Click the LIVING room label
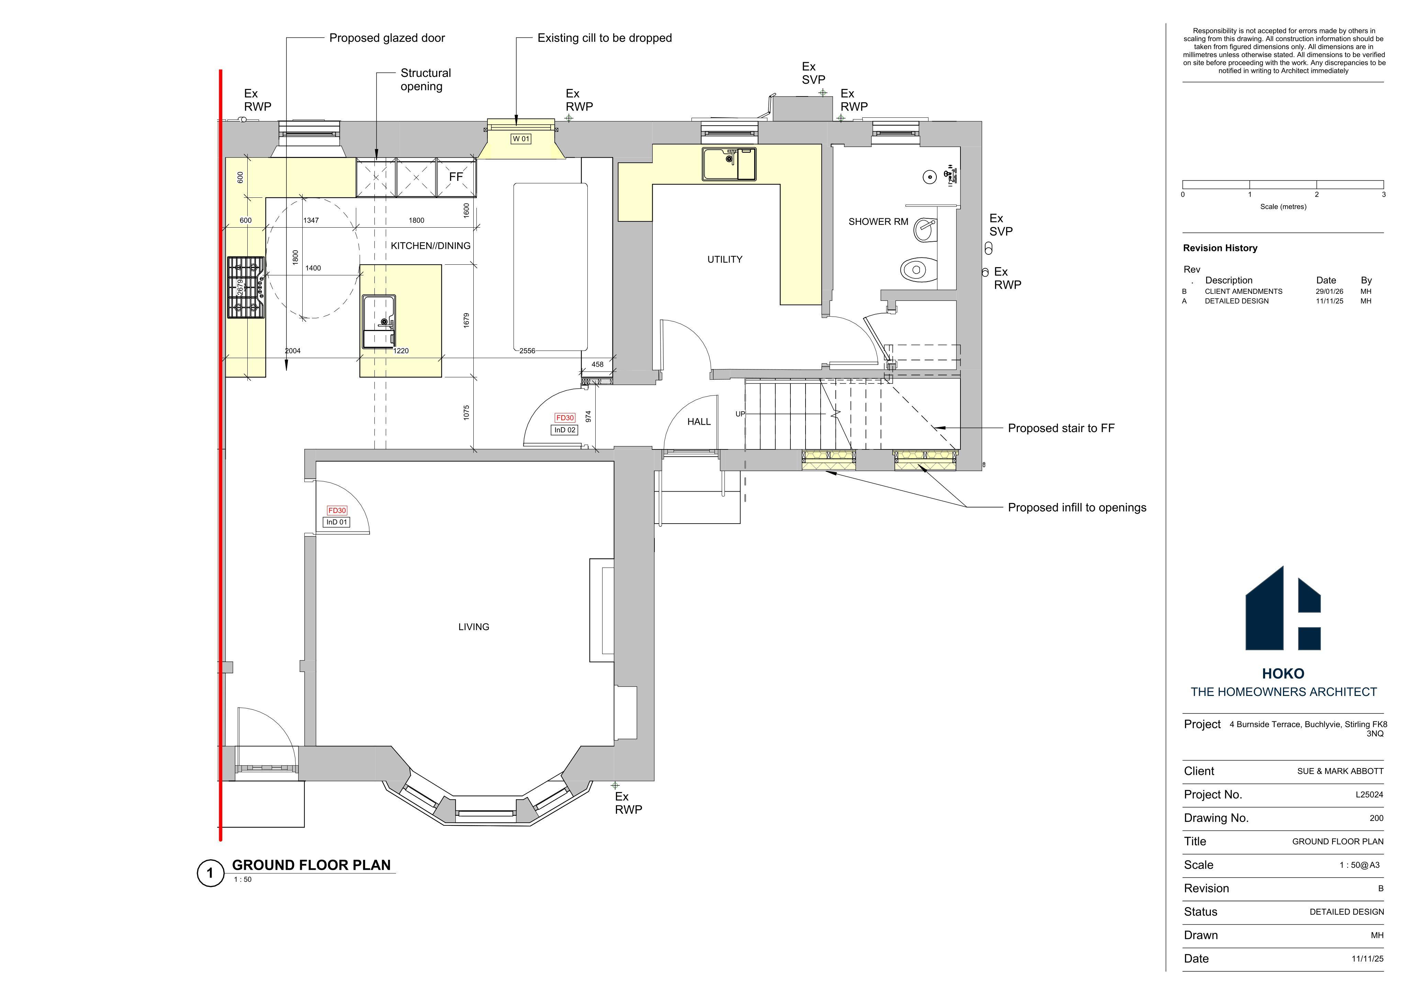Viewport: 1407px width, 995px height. (474, 627)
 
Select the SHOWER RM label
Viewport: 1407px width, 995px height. (878, 222)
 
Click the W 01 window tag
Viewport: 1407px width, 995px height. (521, 139)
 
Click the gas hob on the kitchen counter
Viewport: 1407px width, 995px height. (246, 287)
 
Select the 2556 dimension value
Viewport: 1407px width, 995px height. (527, 351)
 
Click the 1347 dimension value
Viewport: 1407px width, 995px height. (311, 220)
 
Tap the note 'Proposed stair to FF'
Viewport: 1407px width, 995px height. (1061, 428)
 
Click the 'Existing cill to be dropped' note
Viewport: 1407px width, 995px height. (605, 38)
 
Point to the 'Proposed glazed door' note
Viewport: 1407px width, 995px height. (387, 38)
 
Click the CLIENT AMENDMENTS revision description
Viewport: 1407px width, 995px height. (1243, 291)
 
